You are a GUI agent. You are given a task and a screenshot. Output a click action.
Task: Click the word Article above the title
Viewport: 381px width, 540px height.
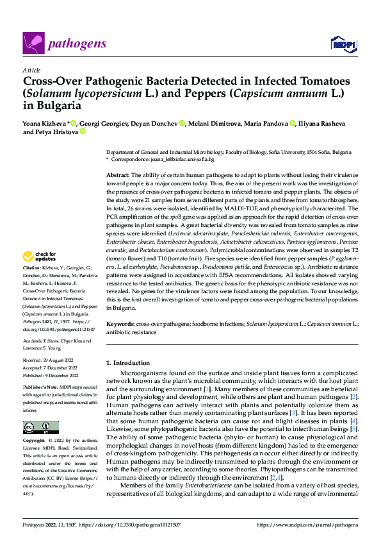tap(31, 71)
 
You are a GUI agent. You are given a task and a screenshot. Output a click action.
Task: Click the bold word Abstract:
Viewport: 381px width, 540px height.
tap(118, 175)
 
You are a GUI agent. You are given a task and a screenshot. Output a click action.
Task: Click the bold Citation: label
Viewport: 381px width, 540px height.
tap(31, 267)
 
